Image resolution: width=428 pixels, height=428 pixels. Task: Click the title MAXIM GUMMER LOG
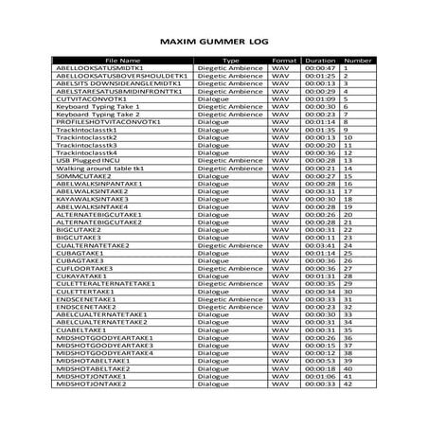[x=214, y=43]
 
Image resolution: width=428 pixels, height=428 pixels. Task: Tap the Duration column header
[x=320, y=60]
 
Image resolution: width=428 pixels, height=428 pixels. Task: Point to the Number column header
[x=356, y=60]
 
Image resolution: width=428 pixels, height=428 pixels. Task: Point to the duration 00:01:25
[x=320, y=76]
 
